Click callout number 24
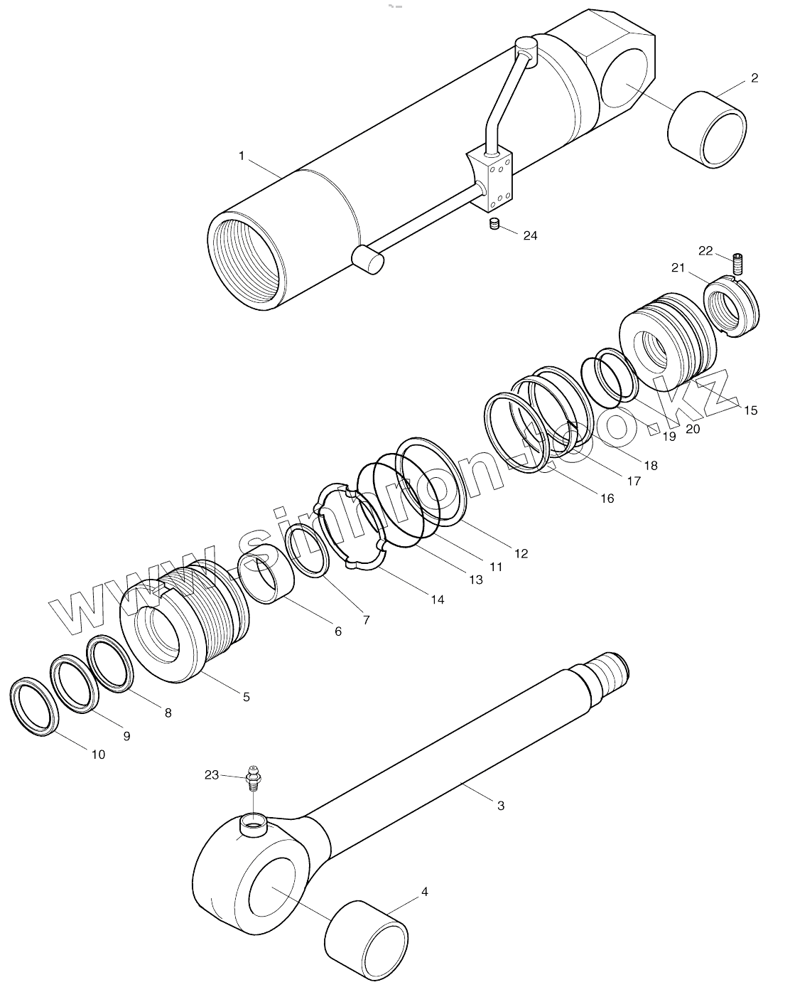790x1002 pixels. click(x=530, y=235)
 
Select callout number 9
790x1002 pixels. click(x=126, y=736)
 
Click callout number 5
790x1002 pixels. click(x=246, y=697)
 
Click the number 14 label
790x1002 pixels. click(x=437, y=599)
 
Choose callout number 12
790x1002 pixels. click(x=521, y=553)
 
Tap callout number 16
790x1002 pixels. click(x=606, y=499)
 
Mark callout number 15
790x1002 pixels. click(x=750, y=410)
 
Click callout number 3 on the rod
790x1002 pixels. click(x=500, y=806)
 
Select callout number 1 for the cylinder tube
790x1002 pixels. click(x=242, y=156)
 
